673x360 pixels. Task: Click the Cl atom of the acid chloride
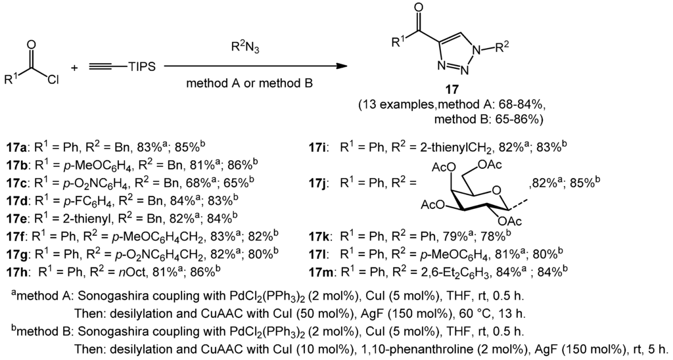point(54,81)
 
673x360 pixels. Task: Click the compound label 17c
point(15,177)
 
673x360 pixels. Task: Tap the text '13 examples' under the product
point(398,106)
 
